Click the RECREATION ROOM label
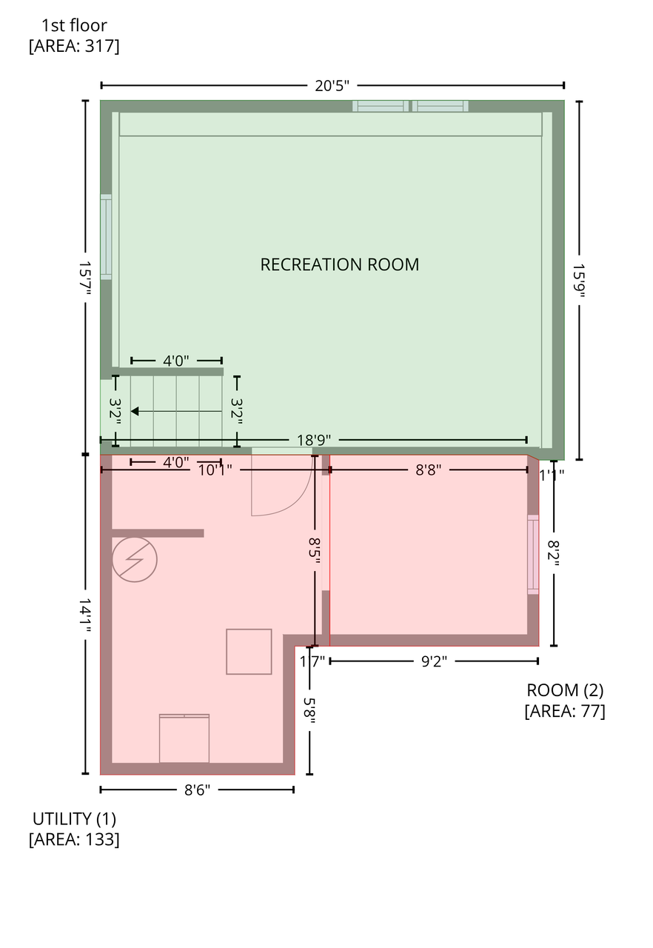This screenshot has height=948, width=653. point(339,264)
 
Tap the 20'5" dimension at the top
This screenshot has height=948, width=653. point(332,86)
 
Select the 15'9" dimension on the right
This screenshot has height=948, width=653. point(578,281)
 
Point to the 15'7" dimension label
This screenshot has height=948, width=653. point(85,278)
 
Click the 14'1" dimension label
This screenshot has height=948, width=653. point(85,615)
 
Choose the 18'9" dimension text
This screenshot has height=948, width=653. point(313,440)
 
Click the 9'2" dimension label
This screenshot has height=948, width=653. point(434,661)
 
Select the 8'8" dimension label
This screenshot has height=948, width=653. point(428,470)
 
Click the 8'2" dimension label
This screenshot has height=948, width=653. point(554,550)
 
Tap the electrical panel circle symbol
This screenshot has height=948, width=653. point(135,559)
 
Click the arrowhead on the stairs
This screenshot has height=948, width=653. point(135,411)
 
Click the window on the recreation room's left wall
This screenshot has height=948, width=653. point(106,237)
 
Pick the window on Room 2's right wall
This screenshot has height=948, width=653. point(533,555)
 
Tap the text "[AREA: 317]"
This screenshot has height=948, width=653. point(74,46)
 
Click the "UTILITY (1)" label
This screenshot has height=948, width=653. point(74,819)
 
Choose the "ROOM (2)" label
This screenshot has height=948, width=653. point(565,690)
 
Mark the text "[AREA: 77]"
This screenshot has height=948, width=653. point(565,710)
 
